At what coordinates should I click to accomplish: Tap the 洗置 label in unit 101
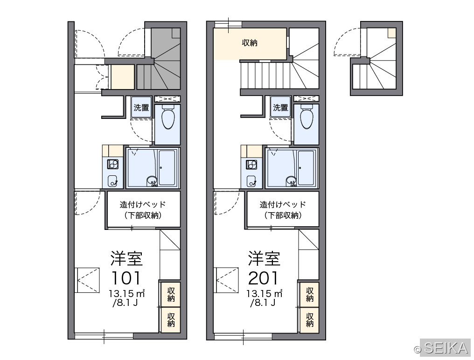point(141,107)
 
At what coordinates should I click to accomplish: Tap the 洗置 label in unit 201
point(280,107)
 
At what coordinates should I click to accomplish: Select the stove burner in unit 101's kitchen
point(113,164)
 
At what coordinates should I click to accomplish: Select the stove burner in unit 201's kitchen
point(251,164)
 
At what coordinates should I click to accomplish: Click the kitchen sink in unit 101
point(113,181)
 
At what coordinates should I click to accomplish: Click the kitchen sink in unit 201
point(251,181)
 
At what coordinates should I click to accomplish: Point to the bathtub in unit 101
point(167,167)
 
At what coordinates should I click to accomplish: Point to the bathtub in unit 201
point(306,167)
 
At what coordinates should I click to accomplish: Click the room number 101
point(126,278)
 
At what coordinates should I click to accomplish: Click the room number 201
point(263,278)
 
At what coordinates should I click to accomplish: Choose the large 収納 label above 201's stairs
point(250,43)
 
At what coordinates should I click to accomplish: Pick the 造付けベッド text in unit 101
point(143,205)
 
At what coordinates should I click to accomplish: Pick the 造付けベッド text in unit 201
point(282,205)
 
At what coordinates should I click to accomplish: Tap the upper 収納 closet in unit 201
point(309,294)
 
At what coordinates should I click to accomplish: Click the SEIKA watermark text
point(446,347)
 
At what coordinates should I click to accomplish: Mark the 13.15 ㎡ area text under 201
point(264,293)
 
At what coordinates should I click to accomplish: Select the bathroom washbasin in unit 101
point(152,181)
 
